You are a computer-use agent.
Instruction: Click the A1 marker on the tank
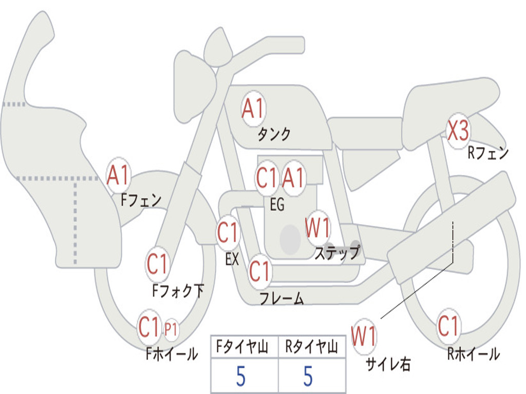point(253,109)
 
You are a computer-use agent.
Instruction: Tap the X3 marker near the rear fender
point(458,131)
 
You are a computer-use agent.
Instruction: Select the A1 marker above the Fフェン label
point(118,175)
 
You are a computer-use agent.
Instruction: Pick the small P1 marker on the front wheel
point(171,329)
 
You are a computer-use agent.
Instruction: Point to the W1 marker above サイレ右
point(364,337)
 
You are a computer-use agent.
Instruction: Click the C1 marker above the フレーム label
point(259,271)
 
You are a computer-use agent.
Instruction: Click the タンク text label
point(274,135)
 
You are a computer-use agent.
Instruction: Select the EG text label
point(277,204)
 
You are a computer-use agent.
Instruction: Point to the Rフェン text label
point(488,153)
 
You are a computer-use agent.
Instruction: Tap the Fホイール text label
point(172,354)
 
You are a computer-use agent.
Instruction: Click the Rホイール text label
point(474,354)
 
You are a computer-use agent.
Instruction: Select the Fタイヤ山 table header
point(242,346)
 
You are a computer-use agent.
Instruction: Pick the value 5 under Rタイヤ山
point(308,376)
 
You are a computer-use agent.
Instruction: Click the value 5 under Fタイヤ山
point(240,376)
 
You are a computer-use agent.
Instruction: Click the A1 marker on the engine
point(293,178)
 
